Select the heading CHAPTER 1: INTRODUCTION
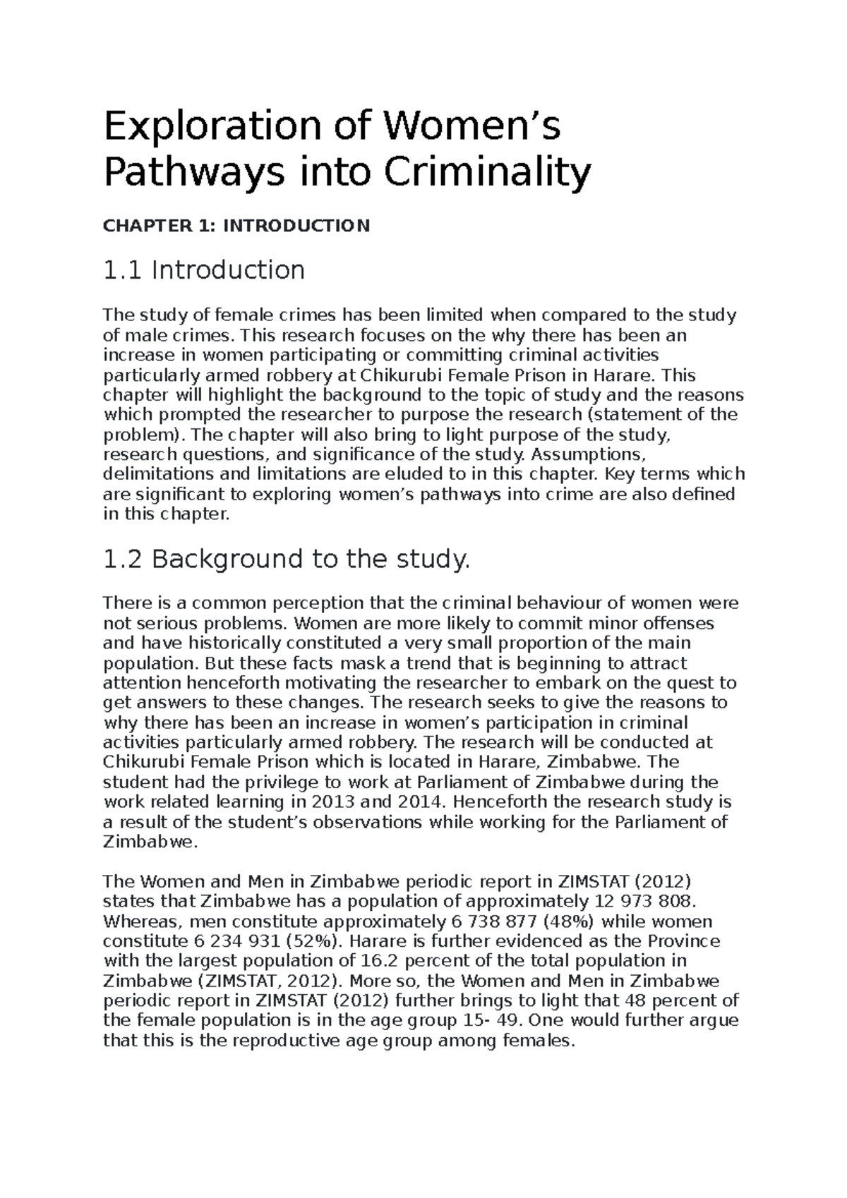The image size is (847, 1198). point(236,226)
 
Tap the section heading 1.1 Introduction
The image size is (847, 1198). point(204,270)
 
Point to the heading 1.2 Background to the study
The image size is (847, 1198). point(286,559)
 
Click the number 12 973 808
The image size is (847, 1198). point(642,901)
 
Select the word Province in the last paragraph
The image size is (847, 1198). point(684,941)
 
